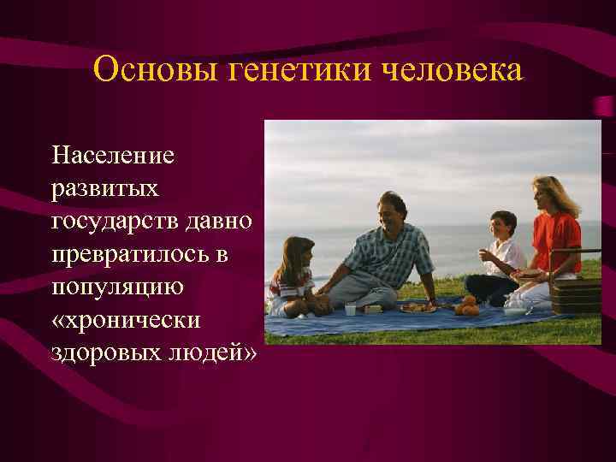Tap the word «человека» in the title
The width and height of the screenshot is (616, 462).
coord(453,69)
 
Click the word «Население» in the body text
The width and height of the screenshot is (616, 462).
coord(112,155)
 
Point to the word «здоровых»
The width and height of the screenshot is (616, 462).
coord(108,353)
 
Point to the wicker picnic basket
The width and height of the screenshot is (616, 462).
coord(576,295)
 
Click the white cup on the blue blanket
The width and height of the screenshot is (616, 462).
coord(350,310)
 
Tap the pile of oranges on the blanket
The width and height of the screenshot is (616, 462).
coord(467,306)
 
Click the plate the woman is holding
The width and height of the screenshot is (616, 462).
coord(525,274)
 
